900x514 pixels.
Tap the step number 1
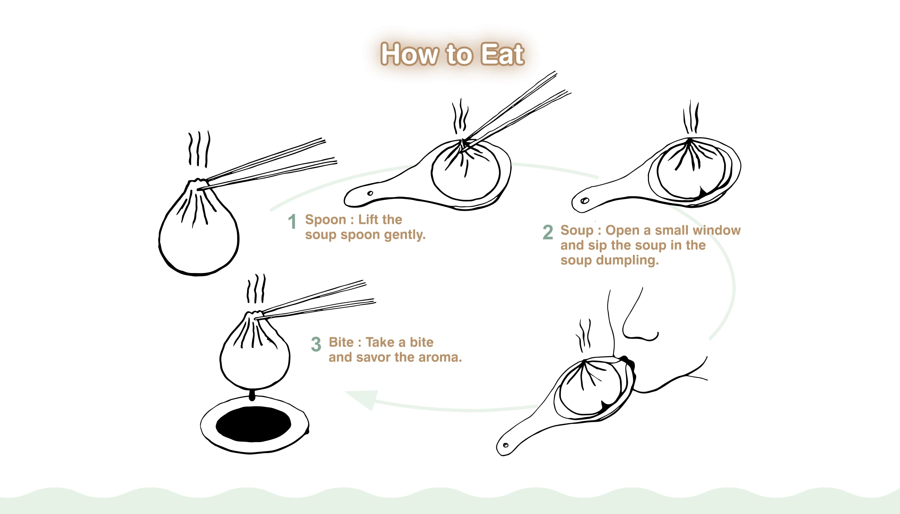click(292, 222)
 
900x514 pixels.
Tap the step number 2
click(547, 232)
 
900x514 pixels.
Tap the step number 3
click(316, 344)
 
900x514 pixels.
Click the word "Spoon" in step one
click(325, 220)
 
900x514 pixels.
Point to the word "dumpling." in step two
click(627, 260)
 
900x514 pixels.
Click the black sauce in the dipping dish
click(253, 424)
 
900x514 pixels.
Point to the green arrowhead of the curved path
click(364, 399)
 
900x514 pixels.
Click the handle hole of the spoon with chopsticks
click(370, 193)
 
